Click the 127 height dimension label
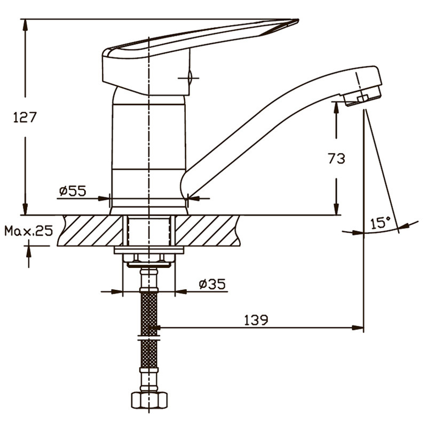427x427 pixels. pyautogui.click(x=25, y=117)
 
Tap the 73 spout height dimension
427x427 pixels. pyautogui.click(x=337, y=158)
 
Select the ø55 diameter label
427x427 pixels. pyautogui.click(x=73, y=191)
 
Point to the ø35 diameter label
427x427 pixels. pyautogui.click(x=212, y=284)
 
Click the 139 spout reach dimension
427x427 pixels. pyautogui.click(x=256, y=320)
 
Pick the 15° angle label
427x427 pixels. pyautogui.click(x=380, y=223)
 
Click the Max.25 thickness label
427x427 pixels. pyautogui.click(x=29, y=231)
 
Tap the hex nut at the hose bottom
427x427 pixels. pyautogui.click(x=149, y=400)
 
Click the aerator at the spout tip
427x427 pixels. pyautogui.click(x=362, y=97)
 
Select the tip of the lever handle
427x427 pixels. pyautogui.click(x=298, y=20)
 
